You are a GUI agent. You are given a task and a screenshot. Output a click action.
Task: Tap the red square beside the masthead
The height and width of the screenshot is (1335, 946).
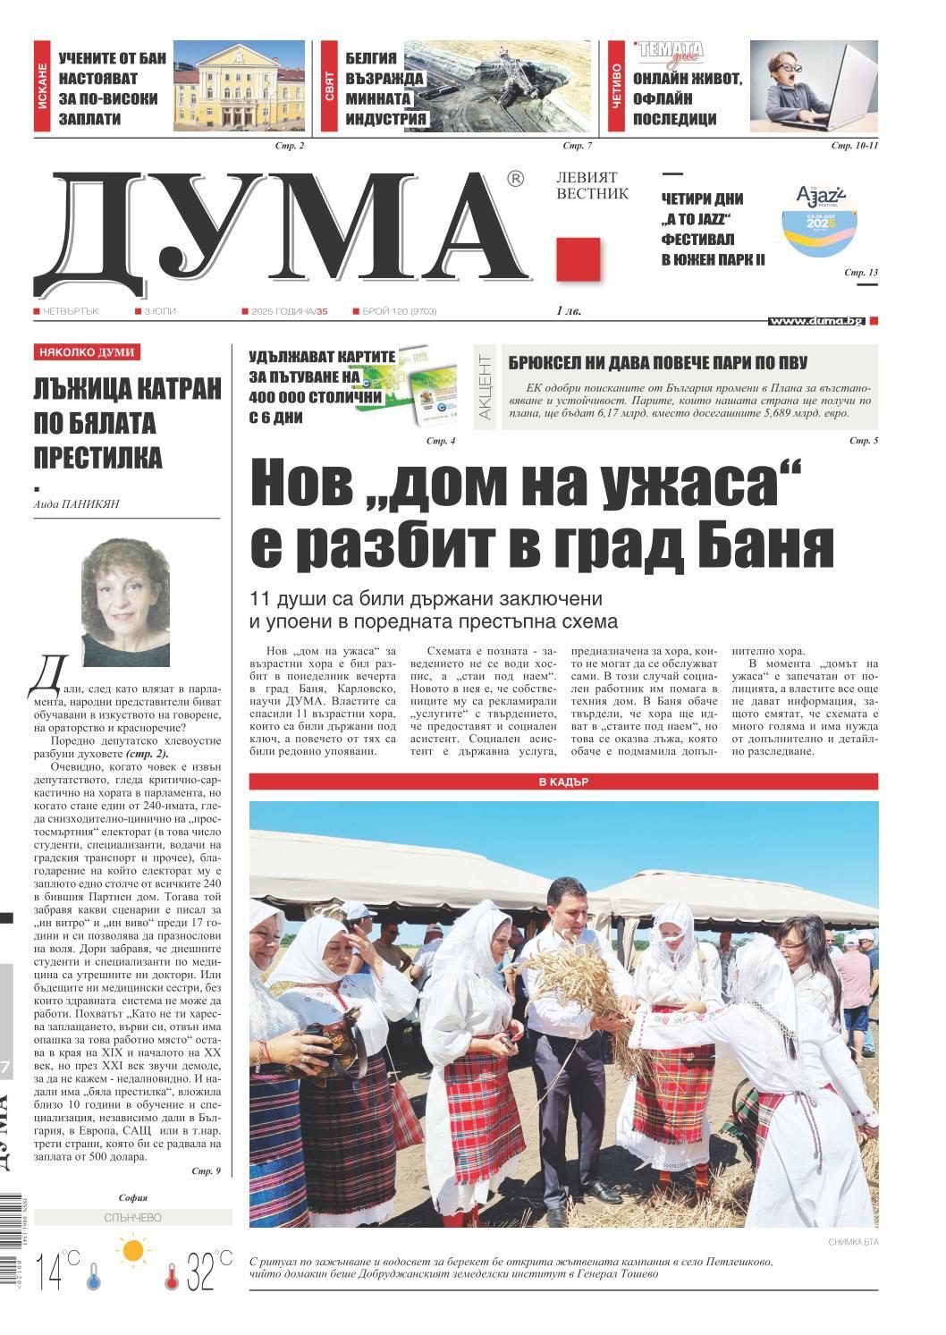click(578, 259)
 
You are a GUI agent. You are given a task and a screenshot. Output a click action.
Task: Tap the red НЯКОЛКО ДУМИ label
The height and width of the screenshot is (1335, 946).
click(87, 352)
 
